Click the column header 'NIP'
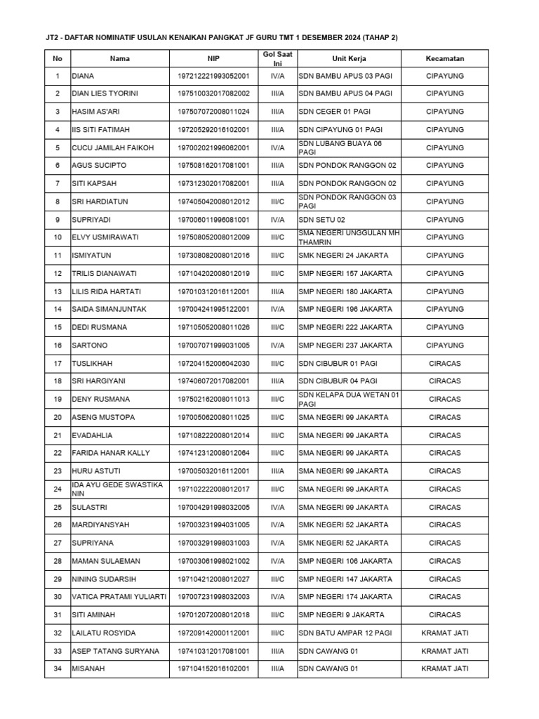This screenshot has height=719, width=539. [213, 59]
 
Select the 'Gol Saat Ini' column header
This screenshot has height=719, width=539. [277, 59]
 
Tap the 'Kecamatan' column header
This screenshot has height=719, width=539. [444, 59]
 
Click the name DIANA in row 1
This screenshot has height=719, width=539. [84, 76]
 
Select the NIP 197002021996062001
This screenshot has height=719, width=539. [213, 148]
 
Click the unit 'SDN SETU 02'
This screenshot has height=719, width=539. [322, 220]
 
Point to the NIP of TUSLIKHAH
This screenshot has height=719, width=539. [213, 364]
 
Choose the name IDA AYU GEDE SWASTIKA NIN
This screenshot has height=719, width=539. [117, 489]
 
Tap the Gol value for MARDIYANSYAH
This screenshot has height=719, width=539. [277, 525]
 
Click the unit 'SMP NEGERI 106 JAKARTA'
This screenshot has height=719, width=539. [345, 561]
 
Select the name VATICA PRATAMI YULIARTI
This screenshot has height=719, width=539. [119, 597]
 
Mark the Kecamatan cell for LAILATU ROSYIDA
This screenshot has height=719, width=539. [444, 633]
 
